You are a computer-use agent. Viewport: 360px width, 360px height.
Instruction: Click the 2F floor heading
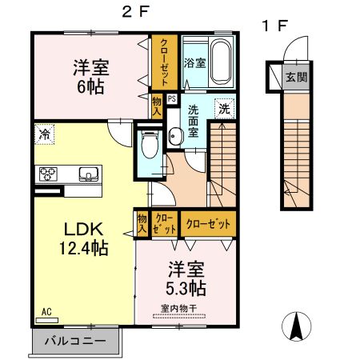tap(134, 11)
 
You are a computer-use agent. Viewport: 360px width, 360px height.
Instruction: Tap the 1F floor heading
tap(274, 25)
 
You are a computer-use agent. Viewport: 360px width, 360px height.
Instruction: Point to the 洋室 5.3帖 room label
tap(186, 278)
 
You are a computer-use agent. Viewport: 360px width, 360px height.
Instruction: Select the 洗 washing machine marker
tap(226, 109)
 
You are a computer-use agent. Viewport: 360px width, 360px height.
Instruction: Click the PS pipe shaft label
tap(171, 99)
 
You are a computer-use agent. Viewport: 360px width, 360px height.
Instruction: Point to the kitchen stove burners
tap(46, 173)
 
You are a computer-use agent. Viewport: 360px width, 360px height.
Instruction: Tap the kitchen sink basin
tap(87, 173)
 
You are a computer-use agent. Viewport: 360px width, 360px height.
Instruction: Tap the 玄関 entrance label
tap(295, 78)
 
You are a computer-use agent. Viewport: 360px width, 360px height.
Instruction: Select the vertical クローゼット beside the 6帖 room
tap(163, 64)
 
